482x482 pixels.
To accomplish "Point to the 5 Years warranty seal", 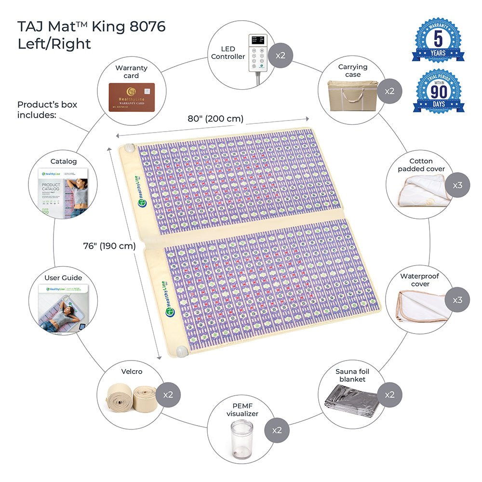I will click(x=438, y=40).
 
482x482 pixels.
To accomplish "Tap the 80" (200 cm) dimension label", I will click(x=215, y=119).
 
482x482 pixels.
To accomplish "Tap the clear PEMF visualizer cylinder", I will click(x=241, y=439).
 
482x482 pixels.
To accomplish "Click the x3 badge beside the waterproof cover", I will click(x=457, y=300).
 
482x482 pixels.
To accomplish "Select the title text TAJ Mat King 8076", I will click(x=92, y=27).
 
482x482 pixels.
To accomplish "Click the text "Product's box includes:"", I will click(x=47, y=109).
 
